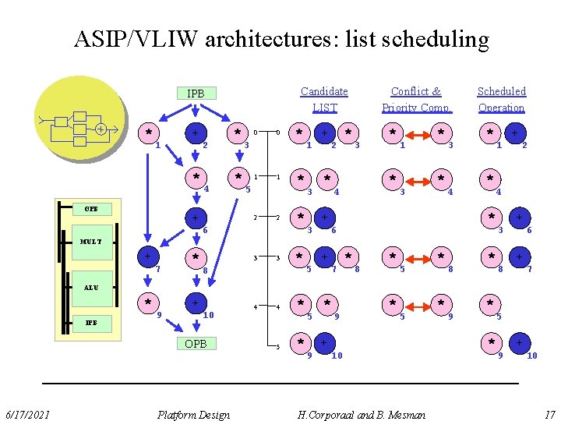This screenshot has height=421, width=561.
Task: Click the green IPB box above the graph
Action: (196, 94)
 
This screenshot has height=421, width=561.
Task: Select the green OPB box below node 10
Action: (196, 343)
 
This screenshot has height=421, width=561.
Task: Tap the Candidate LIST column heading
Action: (324, 100)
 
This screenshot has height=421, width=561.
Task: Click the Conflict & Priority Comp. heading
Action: (416, 100)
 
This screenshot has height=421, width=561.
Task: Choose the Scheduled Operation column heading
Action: (502, 100)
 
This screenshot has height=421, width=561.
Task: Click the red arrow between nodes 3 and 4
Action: (418, 179)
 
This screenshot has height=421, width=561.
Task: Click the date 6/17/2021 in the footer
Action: (26, 414)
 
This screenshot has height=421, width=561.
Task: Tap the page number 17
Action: (549, 414)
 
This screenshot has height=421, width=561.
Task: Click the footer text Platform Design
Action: (193, 414)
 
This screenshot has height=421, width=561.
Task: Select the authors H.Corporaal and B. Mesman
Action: (362, 414)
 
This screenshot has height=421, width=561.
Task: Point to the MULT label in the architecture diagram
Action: (91, 242)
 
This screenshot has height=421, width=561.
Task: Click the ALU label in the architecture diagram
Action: (91, 287)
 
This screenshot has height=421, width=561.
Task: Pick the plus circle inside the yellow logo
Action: (101, 129)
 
